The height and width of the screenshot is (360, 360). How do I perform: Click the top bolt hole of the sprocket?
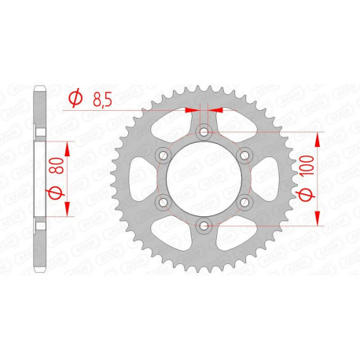pyautogui.click(x=204, y=131)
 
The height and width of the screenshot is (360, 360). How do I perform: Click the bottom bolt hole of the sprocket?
pyautogui.click(x=204, y=226)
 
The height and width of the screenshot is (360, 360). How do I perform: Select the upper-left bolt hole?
pyautogui.click(x=163, y=155)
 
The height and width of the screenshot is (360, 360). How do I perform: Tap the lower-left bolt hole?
pyautogui.click(x=163, y=203)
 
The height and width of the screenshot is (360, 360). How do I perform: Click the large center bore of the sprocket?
pyautogui.click(x=204, y=179)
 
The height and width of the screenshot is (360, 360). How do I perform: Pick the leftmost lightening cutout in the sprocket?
pyautogui.click(x=142, y=179)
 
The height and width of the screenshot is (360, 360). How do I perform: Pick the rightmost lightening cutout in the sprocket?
pyautogui.click(x=265, y=179)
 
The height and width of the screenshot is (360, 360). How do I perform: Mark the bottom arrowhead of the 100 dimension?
pyautogui.click(x=318, y=221)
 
